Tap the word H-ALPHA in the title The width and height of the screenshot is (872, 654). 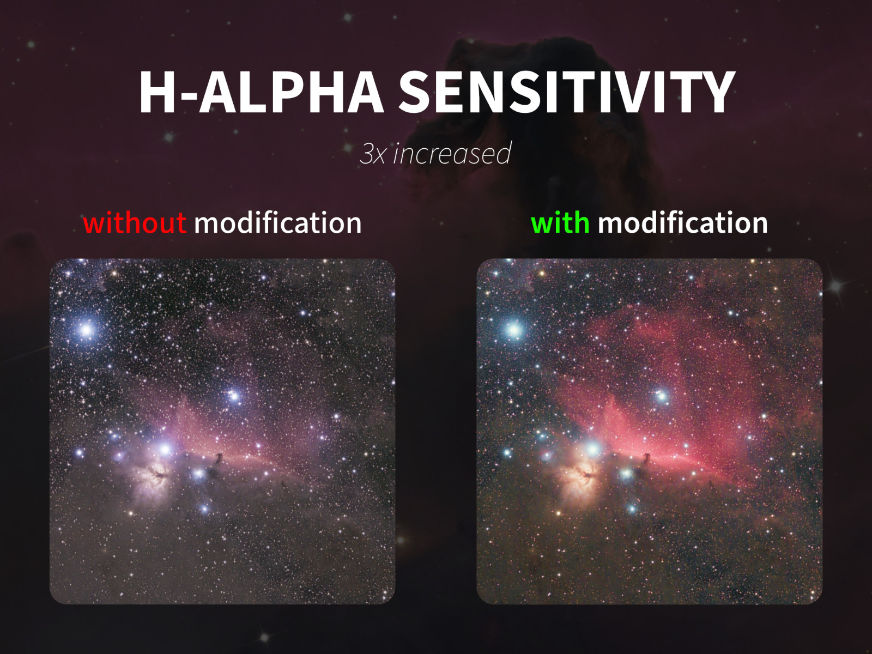(261, 93)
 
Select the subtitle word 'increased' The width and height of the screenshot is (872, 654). (452, 153)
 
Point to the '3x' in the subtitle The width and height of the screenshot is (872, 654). (372, 154)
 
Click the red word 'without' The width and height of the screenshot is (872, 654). (135, 223)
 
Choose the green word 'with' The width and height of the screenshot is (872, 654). (560, 223)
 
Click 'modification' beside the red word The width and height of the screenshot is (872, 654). (278, 223)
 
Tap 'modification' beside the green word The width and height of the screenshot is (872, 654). (682, 223)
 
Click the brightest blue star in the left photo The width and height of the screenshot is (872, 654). (86, 330)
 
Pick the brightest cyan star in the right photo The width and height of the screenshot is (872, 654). (514, 330)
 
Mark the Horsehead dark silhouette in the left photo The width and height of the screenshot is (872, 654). (218, 459)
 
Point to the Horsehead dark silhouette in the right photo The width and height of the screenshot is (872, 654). (646, 459)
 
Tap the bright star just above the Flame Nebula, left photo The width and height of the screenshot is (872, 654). (165, 450)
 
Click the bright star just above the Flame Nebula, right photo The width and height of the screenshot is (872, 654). (593, 450)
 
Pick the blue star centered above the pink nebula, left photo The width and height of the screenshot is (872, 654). (234, 396)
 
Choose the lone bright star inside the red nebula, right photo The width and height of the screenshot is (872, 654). (662, 396)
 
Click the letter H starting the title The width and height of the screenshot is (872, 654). (157, 93)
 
